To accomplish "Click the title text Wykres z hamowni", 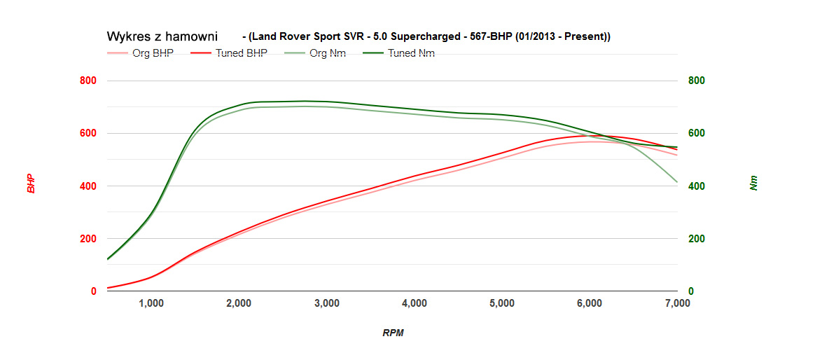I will pos(162,36).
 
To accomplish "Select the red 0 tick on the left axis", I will pos(93,291).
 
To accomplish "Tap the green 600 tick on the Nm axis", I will pos(695,134).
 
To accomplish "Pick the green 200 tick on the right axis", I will pos(695,239).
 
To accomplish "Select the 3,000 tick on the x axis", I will pos(327,303).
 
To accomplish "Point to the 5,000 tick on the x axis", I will pos(502,303).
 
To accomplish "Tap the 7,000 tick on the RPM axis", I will pos(676,303).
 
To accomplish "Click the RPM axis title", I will pos(393,333).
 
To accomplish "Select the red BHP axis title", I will pos(31,184).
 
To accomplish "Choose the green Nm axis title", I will pos(753,184).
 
